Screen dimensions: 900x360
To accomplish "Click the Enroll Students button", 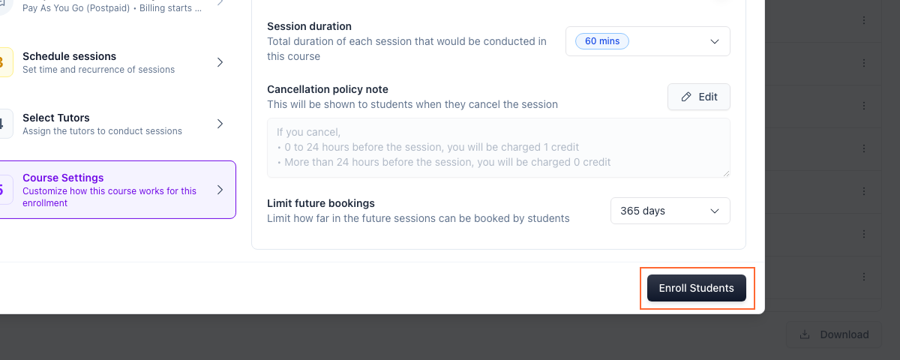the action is click(696, 288).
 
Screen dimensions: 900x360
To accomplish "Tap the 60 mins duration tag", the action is click(601, 41).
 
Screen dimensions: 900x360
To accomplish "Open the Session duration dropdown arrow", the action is click(714, 42).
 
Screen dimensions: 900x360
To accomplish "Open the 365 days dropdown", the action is click(670, 211).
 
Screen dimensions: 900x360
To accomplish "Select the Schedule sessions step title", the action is click(69, 56).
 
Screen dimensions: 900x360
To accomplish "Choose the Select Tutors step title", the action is click(55, 118).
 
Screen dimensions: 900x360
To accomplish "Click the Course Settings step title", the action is click(63, 178).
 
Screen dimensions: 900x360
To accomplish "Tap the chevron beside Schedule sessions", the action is click(220, 62).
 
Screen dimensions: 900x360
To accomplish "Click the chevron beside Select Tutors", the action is click(220, 124).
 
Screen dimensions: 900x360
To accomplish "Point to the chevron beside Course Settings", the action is click(220, 190).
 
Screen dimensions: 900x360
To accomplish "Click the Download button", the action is click(834, 334).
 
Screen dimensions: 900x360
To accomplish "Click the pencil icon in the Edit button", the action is click(686, 97).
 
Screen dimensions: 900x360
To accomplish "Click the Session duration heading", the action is click(309, 26).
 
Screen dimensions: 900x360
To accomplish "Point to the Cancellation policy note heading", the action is click(328, 89).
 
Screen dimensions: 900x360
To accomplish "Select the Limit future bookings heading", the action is click(321, 203).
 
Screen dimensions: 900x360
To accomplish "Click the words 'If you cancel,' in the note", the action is click(308, 132).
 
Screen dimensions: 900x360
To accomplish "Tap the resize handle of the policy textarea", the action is click(726, 173).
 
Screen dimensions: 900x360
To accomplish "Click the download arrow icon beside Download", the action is click(804, 334).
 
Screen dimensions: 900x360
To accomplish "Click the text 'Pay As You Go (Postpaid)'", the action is click(76, 8).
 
